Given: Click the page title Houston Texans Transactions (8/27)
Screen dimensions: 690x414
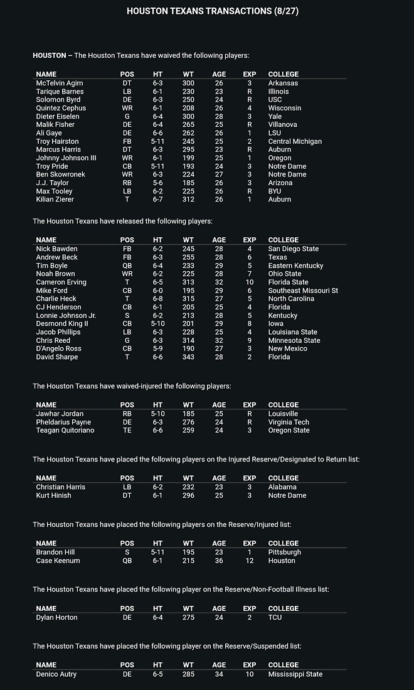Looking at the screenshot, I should pos(206,11).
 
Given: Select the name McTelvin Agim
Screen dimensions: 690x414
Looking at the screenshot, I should pos(60,83).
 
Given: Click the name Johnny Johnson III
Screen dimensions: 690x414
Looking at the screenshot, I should pos(66,158).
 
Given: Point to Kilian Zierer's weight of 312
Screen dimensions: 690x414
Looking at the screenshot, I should pos(188,200).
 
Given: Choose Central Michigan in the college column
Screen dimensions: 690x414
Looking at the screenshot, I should pos(295,141).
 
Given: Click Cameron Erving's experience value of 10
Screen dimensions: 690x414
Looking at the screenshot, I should pos(250,283).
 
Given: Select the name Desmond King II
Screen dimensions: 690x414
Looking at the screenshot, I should pos(62,324).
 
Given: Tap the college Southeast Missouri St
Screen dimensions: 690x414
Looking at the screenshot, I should pos(303,291).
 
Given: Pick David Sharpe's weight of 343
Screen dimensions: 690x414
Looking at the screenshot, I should pos(188,357).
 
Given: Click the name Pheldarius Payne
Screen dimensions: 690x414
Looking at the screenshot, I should pos(63,423).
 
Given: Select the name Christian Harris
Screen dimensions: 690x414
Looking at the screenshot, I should pos(61,487).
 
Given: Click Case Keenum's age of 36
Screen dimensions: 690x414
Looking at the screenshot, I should pos(219,561).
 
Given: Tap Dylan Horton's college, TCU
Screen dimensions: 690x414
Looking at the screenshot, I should pos(275,617).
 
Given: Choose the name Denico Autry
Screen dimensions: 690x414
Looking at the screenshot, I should pos(56,674).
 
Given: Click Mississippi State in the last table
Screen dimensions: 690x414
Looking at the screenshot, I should pos(295,674).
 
